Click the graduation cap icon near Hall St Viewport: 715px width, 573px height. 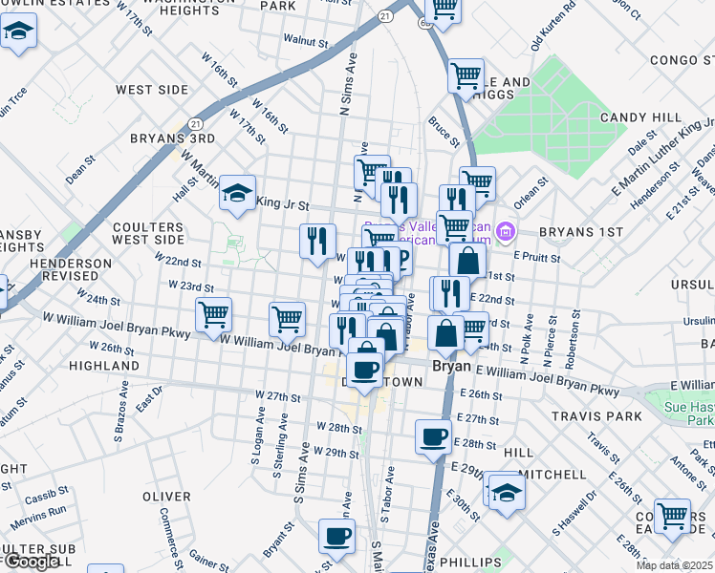click(x=237, y=194)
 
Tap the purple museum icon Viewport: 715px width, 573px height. click(x=507, y=231)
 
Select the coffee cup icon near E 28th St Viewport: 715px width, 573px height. click(x=433, y=436)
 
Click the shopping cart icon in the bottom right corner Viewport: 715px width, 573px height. click(x=673, y=516)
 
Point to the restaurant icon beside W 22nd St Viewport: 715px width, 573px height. click(x=317, y=241)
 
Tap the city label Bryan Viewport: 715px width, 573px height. click(x=451, y=366)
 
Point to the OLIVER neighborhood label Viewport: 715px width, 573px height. click(x=166, y=497)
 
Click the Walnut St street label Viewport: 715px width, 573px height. click(x=305, y=42)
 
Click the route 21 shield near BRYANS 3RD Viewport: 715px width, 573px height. click(x=196, y=124)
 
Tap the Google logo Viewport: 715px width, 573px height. click(x=32, y=562)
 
